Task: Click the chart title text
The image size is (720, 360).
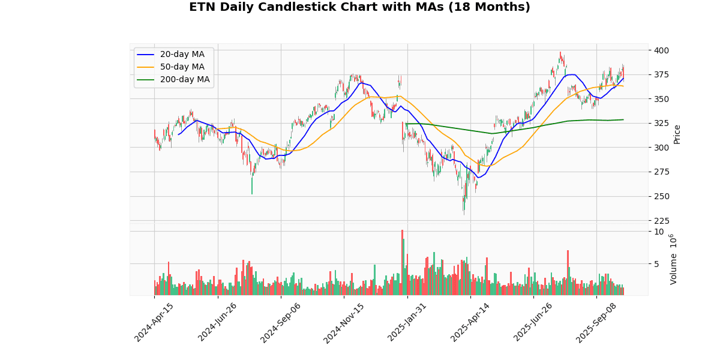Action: tap(359, 7)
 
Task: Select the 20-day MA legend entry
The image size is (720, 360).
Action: tap(182, 55)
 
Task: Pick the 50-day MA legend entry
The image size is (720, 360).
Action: tap(182, 67)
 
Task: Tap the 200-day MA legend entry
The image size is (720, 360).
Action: tap(184, 80)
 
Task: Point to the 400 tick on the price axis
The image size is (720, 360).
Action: tap(661, 50)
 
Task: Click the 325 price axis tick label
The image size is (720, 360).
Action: tap(661, 124)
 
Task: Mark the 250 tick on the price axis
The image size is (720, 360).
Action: tap(661, 197)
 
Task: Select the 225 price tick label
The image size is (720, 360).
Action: tap(661, 221)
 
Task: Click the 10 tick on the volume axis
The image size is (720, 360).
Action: tap(659, 232)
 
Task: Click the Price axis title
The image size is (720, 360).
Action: tap(677, 134)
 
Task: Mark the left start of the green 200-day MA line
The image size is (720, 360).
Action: tap(406, 124)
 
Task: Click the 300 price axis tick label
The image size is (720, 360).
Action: tap(661, 148)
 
